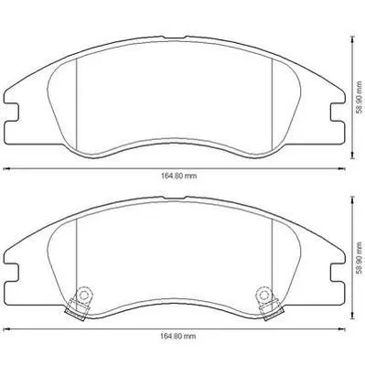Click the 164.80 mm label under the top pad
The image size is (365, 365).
pos(178,176)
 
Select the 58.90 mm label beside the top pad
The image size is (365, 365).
pos(360,97)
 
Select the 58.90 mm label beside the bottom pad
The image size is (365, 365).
pos(360,257)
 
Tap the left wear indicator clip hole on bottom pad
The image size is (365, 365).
pos(83,295)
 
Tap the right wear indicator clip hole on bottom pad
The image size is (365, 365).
pos(263,294)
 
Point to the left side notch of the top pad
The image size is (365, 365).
pos(13,113)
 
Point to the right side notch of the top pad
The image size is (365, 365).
pos(338,113)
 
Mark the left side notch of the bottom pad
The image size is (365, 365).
pos(13,274)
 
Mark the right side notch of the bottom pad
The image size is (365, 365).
pos(338,274)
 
